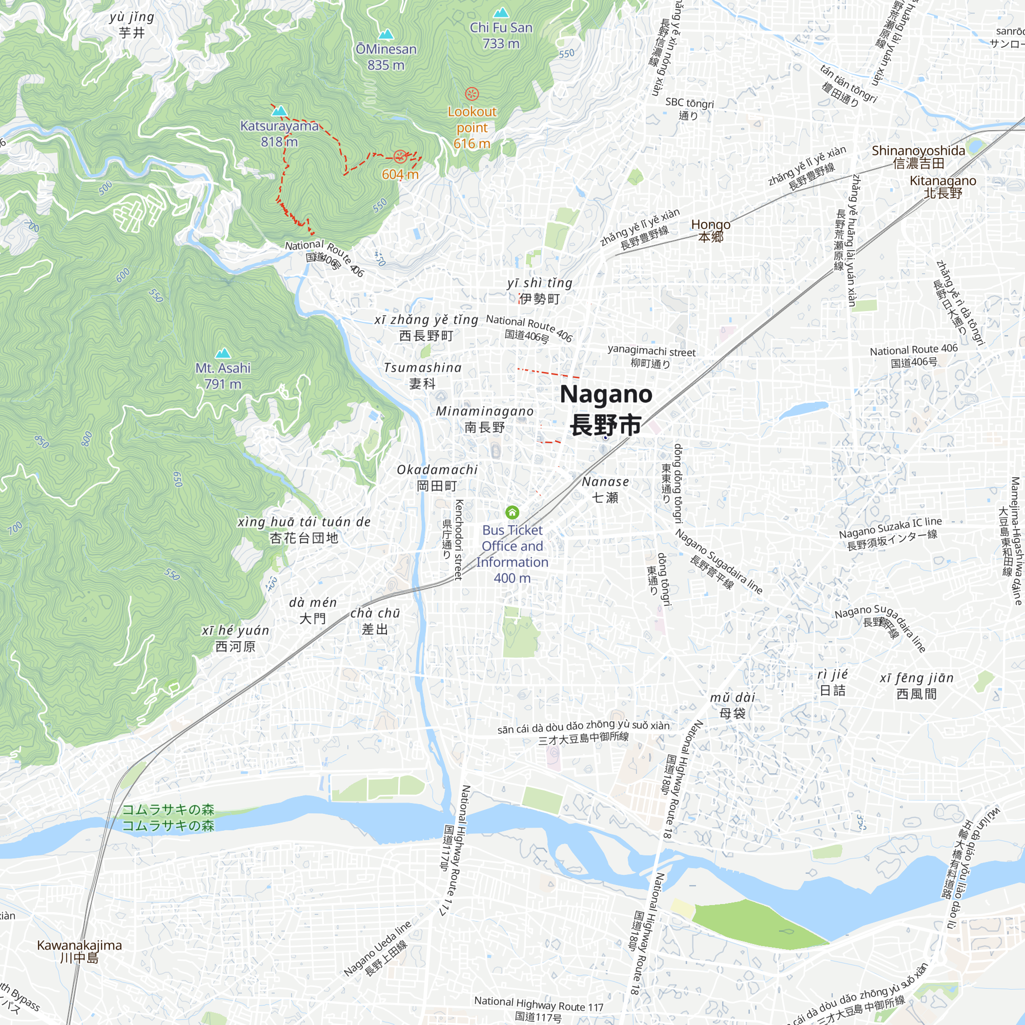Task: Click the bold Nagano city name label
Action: (x=606, y=409)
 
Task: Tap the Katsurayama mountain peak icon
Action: (x=280, y=111)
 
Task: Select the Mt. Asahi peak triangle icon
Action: (x=223, y=353)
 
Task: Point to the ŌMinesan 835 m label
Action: (x=386, y=57)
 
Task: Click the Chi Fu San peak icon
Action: (x=501, y=12)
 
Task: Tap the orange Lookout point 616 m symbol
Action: (x=471, y=94)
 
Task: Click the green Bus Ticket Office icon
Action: (x=512, y=512)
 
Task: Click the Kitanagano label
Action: (x=943, y=187)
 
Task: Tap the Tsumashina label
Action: (x=422, y=375)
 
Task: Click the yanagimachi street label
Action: (x=651, y=357)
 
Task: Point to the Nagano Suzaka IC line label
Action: (x=891, y=534)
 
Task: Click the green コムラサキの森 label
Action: (x=168, y=817)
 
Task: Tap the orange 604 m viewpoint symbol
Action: (x=400, y=156)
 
